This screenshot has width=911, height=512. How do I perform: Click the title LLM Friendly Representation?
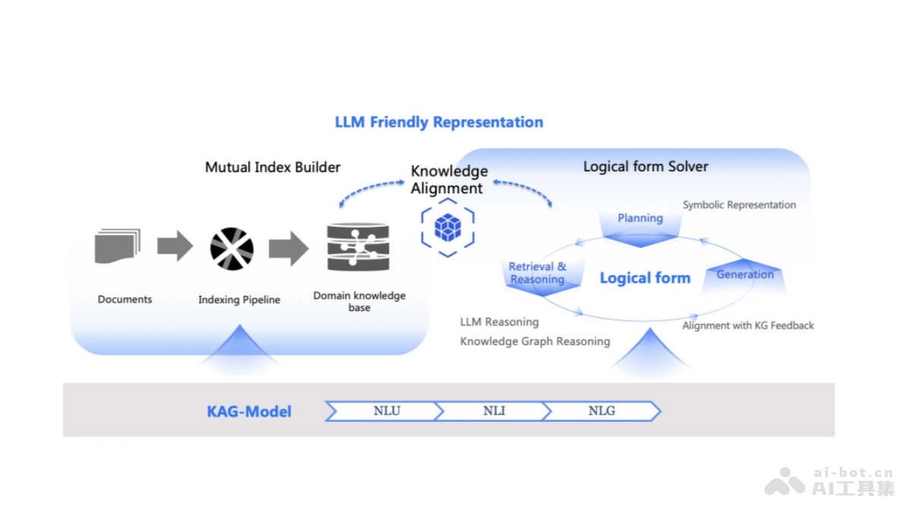click(x=439, y=122)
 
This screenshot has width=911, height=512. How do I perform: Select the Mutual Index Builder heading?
click(x=273, y=167)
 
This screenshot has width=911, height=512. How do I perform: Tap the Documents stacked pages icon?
click(x=118, y=247)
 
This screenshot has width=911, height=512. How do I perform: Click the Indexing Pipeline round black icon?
click(x=232, y=249)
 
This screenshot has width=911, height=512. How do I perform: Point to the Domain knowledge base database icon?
click(x=358, y=247)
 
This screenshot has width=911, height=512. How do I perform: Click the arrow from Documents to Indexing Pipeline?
click(x=175, y=247)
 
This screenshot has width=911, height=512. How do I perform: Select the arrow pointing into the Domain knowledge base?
click(x=288, y=248)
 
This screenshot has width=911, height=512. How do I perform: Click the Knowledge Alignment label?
click(x=449, y=180)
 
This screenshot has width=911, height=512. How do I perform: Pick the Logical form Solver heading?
click(x=645, y=166)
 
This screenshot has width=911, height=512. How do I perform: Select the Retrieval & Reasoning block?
click(x=537, y=273)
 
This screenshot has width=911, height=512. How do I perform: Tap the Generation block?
click(x=745, y=275)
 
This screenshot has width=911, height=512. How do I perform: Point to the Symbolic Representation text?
click(x=739, y=205)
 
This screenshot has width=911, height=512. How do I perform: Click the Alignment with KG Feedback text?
click(x=748, y=325)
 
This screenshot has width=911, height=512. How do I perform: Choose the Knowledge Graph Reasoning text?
click(x=534, y=341)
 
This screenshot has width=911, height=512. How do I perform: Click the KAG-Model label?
click(x=249, y=412)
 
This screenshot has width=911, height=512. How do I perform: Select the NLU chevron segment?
click(x=386, y=411)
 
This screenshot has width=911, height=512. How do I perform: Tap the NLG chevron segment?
click(x=601, y=411)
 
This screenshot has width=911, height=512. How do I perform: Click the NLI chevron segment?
click(x=493, y=411)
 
